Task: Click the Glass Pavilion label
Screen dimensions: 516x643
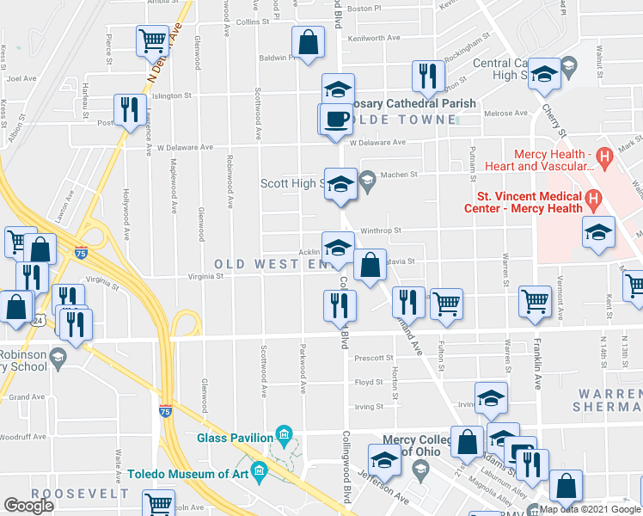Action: click(x=235, y=437)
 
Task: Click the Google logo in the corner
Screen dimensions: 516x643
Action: click(x=29, y=506)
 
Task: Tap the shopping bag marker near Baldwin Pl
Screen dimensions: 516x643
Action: click(x=309, y=41)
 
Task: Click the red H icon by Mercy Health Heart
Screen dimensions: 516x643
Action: click(x=604, y=157)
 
